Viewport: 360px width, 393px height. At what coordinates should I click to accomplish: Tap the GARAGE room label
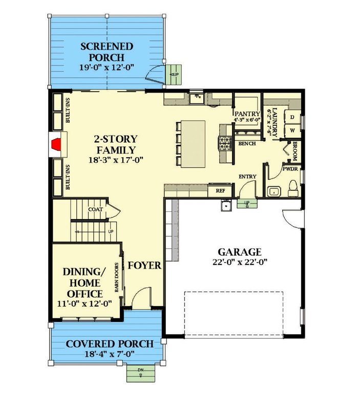click(240, 252)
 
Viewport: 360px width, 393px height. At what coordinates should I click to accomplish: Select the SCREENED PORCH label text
click(107, 52)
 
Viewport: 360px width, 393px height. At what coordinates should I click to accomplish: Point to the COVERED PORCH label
click(110, 344)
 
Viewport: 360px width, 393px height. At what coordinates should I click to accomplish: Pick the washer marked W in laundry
click(292, 130)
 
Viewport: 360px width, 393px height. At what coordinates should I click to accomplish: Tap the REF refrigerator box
click(221, 191)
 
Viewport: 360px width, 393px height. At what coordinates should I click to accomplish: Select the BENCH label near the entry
click(247, 144)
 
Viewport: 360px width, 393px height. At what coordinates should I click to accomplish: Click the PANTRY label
click(247, 114)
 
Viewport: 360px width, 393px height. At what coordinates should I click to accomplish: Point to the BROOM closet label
click(295, 151)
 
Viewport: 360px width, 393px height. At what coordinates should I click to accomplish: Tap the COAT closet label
click(95, 209)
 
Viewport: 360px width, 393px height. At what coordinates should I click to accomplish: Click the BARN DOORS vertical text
click(117, 278)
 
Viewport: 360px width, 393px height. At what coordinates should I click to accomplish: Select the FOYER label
click(145, 266)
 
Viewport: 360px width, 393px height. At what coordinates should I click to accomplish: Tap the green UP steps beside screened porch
click(175, 74)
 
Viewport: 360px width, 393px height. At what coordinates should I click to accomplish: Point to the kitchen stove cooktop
click(225, 144)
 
